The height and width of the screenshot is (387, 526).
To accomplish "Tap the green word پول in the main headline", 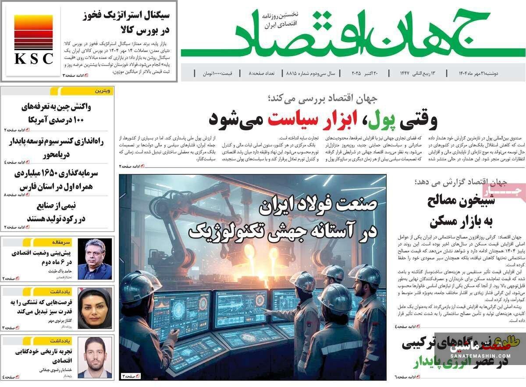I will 382,119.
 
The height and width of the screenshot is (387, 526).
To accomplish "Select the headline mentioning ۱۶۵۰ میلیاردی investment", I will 57,180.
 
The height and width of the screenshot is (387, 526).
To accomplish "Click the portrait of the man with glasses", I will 95,259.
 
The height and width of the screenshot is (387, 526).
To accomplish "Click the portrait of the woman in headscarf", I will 95,308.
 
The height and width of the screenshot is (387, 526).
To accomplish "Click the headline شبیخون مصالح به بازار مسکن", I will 456,211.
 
